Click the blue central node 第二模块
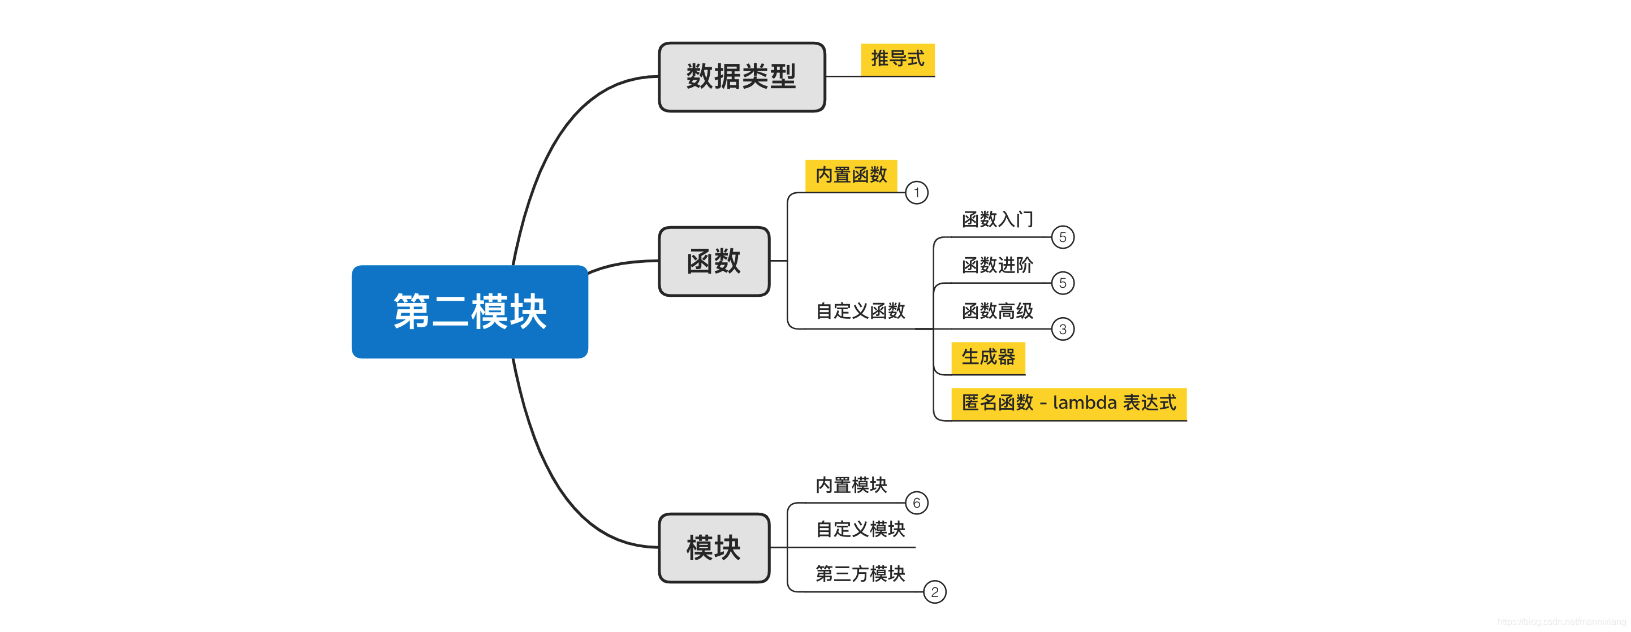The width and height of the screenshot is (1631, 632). click(469, 311)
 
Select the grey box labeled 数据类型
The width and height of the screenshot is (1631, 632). click(741, 76)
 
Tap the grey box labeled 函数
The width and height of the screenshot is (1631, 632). click(714, 261)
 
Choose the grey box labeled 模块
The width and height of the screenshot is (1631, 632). click(714, 547)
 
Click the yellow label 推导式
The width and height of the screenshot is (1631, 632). click(897, 59)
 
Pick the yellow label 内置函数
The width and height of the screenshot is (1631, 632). click(851, 175)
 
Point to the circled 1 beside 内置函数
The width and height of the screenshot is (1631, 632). click(916, 192)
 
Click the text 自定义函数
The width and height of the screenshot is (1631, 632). click(860, 310)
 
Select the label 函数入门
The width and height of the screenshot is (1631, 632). click(997, 219)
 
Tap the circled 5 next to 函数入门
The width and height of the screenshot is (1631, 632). click(1063, 237)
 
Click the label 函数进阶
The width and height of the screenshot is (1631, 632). click(997, 265)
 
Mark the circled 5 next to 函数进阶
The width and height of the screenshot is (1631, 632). click(1063, 283)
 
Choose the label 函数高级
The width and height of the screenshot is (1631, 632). click(997, 310)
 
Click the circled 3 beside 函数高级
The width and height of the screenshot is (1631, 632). click(1063, 329)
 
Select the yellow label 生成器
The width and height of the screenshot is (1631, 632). click(988, 357)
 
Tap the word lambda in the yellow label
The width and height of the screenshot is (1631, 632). click(1084, 402)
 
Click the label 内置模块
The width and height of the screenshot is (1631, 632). click(851, 484)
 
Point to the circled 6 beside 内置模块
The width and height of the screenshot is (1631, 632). click(916, 503)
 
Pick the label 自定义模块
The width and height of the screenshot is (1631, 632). click(860, 529)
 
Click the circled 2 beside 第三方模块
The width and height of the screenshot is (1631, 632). click(934, 592)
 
